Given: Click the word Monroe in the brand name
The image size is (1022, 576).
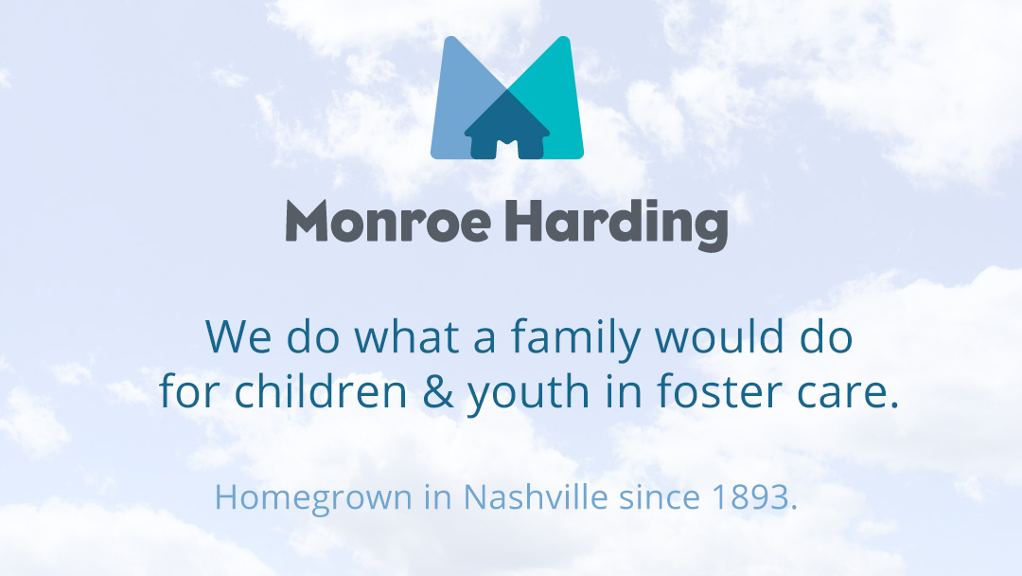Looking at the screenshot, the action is (389, 221).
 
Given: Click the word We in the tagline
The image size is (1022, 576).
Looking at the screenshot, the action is (238, 337).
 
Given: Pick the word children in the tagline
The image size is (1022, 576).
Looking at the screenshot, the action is (320, 390).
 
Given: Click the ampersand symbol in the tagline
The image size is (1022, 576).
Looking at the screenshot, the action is (438, 391).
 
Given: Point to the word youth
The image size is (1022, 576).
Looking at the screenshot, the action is (528, 393).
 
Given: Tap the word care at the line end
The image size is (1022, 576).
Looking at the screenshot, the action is (847, 395).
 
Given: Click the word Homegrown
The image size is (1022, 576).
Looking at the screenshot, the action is (313, 498).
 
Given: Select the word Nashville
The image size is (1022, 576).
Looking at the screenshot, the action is (535, 496).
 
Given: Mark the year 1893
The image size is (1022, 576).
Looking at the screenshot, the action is (750, 497).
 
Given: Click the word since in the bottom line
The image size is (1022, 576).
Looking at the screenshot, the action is (659, 497).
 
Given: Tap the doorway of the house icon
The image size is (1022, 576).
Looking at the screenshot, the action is (507, 149).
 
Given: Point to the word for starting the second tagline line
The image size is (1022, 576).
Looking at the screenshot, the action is (188, 390).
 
